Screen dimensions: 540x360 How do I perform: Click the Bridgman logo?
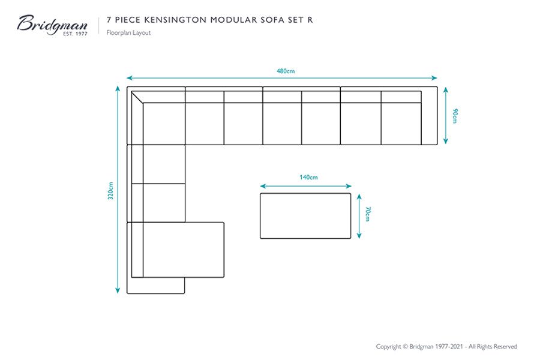point(52,25)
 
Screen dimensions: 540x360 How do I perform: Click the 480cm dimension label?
point(286,71)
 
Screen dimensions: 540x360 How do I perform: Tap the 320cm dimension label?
point(110,191)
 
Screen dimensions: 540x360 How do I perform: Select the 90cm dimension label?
point(455,116)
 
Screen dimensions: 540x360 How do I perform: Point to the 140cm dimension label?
point(308,178)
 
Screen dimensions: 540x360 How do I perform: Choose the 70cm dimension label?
point(367,214)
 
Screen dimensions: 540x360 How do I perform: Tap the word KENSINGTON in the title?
point(175,20)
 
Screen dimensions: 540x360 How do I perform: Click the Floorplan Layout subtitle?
point(128,33)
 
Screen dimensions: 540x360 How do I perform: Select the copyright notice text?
point(446,346)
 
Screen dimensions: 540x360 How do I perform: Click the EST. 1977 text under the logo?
point(75,34)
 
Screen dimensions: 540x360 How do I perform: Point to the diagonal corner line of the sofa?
point(137,97)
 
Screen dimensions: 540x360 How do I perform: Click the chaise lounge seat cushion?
point(184,250)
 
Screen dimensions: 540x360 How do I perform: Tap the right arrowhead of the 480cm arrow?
point(434,78)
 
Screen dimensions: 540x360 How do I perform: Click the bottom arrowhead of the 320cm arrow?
point(118,291)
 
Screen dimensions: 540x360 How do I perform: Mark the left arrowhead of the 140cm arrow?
point(263,187)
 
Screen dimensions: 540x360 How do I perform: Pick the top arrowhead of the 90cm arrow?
point(446,89)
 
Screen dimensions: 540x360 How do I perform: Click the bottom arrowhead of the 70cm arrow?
point(359,236)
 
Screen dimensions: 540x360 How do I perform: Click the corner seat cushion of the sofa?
point(164,124)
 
